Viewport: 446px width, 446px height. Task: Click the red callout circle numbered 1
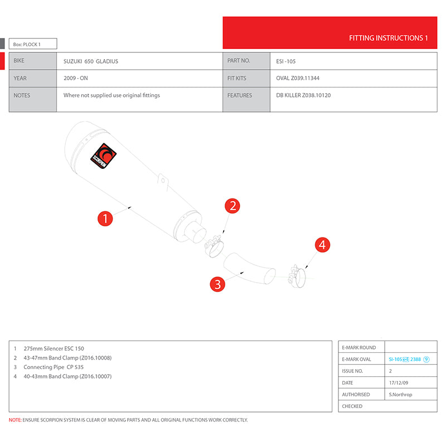pos(105,218)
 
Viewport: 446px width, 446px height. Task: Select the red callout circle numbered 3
pos(217,284)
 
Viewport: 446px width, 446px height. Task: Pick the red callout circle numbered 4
pos(322,244)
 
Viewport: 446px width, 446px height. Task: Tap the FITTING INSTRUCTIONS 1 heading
pos(388,38)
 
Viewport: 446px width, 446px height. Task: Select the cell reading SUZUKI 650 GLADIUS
pos(91,61)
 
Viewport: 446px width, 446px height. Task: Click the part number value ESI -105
pos(289,61)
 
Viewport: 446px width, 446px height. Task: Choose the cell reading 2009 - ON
pos(76,79)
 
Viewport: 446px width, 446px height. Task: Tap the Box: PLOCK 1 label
pos(27,44)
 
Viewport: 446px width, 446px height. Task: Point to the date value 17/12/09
pos(399,382)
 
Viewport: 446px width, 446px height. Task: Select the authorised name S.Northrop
pos(400,394)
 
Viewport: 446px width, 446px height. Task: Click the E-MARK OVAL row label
pos(356,359)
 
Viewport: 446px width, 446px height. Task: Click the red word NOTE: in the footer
pos(15,420)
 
